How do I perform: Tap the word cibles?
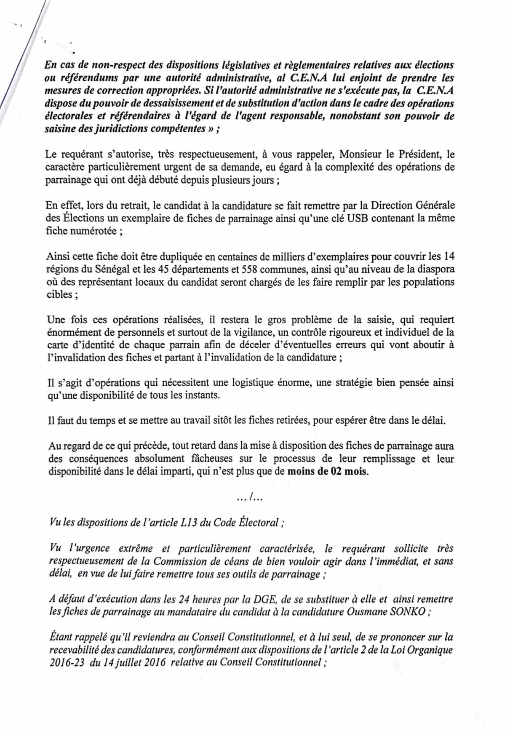point(59,294)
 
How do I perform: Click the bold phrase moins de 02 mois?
point(328,471)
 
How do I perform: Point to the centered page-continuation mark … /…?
point(250,498)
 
